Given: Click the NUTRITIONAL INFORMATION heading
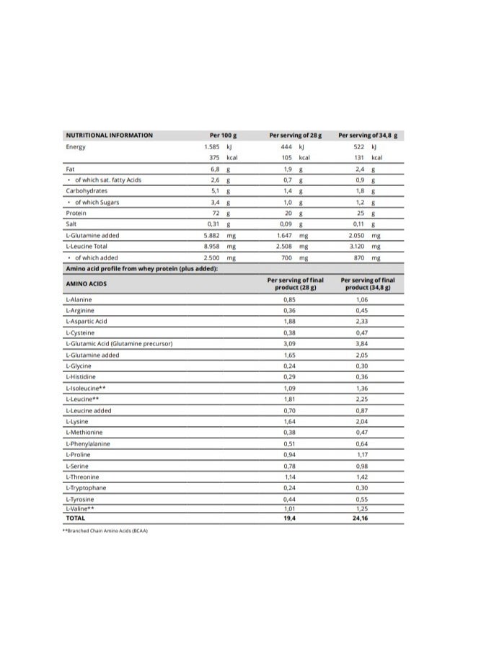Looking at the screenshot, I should [110, 135].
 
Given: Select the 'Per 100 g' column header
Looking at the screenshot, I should [224, 135].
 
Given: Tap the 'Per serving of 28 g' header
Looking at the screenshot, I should [295, 135].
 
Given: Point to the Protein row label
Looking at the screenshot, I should [76, 213].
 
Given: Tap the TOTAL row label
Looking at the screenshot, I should [75, 518].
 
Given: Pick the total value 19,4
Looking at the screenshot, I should [290, 518].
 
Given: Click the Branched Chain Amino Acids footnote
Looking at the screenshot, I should [105, 531].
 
